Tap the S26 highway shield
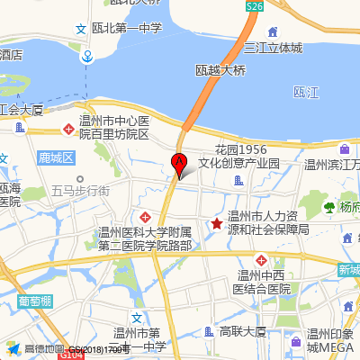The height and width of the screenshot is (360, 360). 255,6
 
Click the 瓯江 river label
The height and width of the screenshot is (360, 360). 306,93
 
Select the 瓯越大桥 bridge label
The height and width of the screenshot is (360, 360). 220,69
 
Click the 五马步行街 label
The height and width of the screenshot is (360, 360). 81,191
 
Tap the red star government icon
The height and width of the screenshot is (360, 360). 216,224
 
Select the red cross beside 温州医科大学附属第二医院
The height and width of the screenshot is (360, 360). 146,218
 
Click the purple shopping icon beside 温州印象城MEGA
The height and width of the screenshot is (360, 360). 295,340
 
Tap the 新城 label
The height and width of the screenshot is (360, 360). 348,270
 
